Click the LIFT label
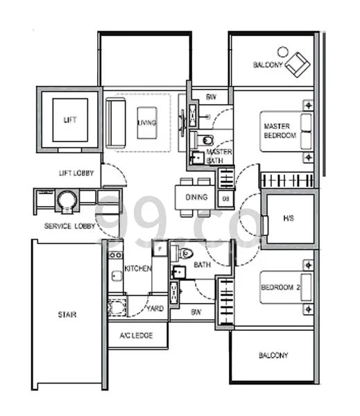[70, 120]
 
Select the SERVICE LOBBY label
[70, 227]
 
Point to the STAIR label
[67, 315]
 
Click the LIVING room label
[146, 123]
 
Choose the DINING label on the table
[196, 197]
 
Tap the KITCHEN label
[137, 268]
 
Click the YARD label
[155, 309]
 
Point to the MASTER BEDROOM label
[280, 131]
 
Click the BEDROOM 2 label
[280, 288]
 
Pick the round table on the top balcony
[282, 51]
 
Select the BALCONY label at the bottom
[273, 356]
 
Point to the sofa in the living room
[114, 122]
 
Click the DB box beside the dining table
[226, 199]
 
